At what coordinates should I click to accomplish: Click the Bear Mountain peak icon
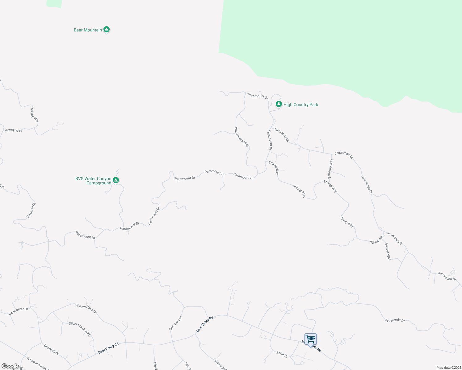coord(107,30)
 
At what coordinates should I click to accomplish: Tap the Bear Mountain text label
coord(88,30)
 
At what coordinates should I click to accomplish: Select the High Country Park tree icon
coord(279,104)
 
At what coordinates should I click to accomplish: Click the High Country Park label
coord(301,105)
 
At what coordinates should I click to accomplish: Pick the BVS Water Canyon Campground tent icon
coord(116,180)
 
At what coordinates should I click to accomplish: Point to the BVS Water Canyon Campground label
coord(93,181)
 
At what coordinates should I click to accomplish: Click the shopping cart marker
coord(310,339)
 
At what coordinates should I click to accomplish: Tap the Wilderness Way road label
coord(242,137)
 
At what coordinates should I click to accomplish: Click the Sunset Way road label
coord(388,252)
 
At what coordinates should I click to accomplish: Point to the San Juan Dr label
coord(176,323)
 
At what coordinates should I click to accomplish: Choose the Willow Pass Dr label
coord(86,308)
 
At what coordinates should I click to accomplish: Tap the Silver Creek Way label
coord(80,329)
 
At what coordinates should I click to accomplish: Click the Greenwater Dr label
coord(18,311)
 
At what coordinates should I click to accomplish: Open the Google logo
coord(10,366)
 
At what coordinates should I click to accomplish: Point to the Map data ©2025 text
coord(448,368)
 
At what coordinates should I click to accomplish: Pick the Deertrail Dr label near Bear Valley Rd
coord(51,350)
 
